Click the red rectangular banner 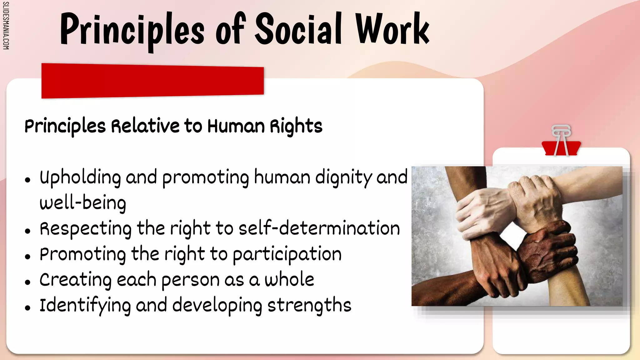152,81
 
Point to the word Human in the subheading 236,126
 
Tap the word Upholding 80,177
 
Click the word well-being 83,203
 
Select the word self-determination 319,228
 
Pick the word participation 287,254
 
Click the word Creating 75,280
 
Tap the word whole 289,279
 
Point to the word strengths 309,305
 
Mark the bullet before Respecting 28,231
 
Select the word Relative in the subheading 145,126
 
